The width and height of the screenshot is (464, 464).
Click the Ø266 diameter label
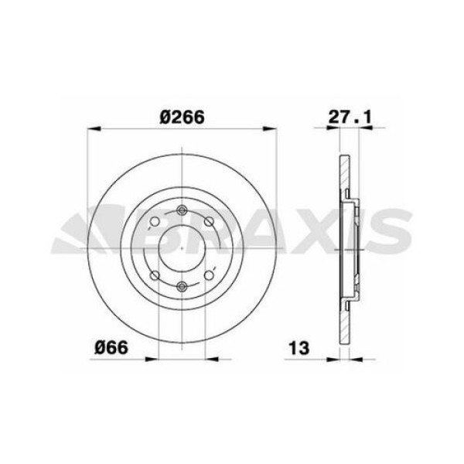tap(182, 118)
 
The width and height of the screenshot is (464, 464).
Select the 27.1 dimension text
tap(350, 118)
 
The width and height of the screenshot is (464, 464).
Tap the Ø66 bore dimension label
tap(111, 347)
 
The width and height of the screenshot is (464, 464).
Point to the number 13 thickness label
tap(299, 348)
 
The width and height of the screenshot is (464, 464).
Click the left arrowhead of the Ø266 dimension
tap(94, 128)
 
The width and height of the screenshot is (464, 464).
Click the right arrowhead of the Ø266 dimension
tap(270, 128)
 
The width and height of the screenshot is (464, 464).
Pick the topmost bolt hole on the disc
tap(182, 210)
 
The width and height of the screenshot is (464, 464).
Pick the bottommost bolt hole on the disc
tap(182, 286)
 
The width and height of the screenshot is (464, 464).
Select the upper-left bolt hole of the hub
tap(155, 221)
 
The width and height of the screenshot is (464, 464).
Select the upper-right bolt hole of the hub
tap(210, 221)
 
